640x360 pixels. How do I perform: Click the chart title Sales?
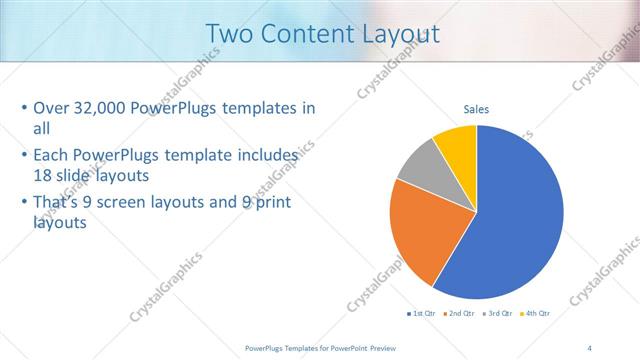[476, 109]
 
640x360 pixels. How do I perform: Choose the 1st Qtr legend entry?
[420, 314]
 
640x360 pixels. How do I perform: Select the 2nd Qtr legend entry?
[459, 314]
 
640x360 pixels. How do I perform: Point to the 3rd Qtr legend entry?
[497, 314]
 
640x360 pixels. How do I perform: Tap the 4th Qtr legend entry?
[535, 314]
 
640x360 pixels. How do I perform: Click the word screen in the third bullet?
[141, 204]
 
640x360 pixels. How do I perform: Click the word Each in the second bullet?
[52, 156]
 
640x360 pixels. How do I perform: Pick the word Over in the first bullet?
[52, 109]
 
